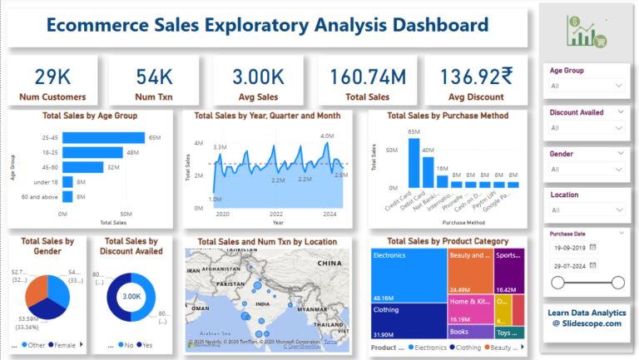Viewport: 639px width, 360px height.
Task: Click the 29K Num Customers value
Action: pyautogui.click(x=52, y=77)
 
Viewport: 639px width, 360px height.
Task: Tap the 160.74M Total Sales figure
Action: pyautogui.click(x=367, y=77)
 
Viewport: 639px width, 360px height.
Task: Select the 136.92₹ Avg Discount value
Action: pyautogui.click(x=472, y=77)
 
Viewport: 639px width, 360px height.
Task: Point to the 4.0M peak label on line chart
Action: pyautogui.click(x=326, y=136)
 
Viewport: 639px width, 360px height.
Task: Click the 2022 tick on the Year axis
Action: pyautogui.click(x=276, y=214)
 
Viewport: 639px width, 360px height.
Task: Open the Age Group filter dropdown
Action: pyautogui.click(x=586, y=85)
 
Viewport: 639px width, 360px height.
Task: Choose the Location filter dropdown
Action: pyautogui.click(x=586, y=210)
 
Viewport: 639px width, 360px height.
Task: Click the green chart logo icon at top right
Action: pyautogui.click(x=587, y=32)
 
